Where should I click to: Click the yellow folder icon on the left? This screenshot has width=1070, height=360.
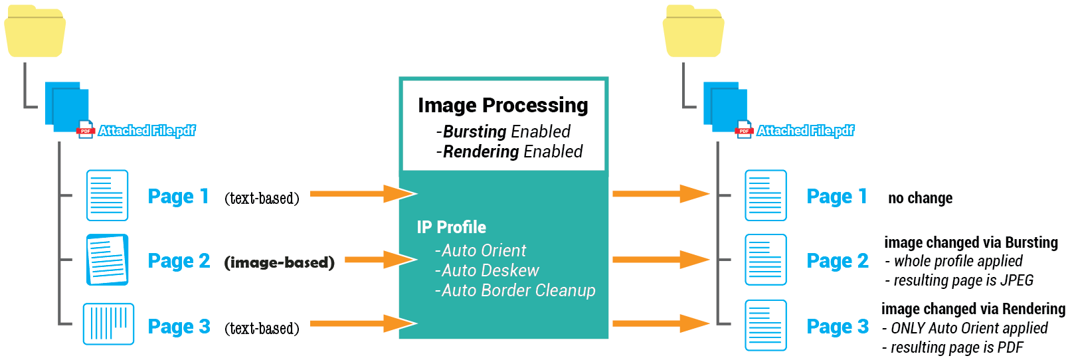[x=35, y=32]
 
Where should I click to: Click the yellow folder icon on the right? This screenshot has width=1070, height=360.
[x=693, y=32]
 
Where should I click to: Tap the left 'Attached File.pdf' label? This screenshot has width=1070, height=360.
[x=147, y=131]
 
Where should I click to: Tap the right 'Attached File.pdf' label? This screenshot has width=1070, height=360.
[x=806, y=131]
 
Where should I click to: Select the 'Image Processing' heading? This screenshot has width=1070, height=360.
[x=503, y=106]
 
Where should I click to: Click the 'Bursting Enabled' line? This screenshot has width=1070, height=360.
[x=503, y=132]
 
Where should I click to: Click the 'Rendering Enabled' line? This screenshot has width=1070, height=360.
[x=509, y=152]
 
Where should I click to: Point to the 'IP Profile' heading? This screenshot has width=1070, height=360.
[x=452, y=228]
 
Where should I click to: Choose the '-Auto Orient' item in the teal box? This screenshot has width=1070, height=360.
[x=480, y=251]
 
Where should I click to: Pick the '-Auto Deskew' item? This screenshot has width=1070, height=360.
[x=487, y=271]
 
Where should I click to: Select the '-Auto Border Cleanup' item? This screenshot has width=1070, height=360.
[x=515, y=291]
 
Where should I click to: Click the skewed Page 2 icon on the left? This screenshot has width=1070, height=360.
[x=107, y=260]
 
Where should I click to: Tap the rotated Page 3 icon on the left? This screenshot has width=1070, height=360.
[x=108, y=324]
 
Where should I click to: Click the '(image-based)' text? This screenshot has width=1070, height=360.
[x=279, y=262]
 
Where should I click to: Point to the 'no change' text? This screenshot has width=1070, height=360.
[x=920, y=199]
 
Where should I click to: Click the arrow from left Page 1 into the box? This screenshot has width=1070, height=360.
[x=363, y=194]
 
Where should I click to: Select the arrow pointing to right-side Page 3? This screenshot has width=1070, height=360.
[x=660, y=324]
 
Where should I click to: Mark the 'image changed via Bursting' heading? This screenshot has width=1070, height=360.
[x=970, y=243]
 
